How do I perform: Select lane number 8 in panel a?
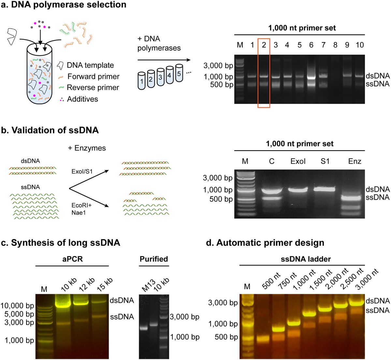[x=335, y=45]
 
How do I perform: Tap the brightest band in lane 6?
[x=311, y=77]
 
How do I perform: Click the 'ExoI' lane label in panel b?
[x=298, y=161]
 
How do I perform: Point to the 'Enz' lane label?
[x=355, y=161]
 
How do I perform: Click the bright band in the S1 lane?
[x=325, y=189]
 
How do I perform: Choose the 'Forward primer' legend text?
[x=93, y=77]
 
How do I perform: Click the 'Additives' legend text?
[x=82, y=99]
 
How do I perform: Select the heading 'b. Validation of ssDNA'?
[x=55, y=130]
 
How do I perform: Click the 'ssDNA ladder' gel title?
[x=306, y=259]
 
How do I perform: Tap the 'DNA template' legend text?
[x=90, y=65]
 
